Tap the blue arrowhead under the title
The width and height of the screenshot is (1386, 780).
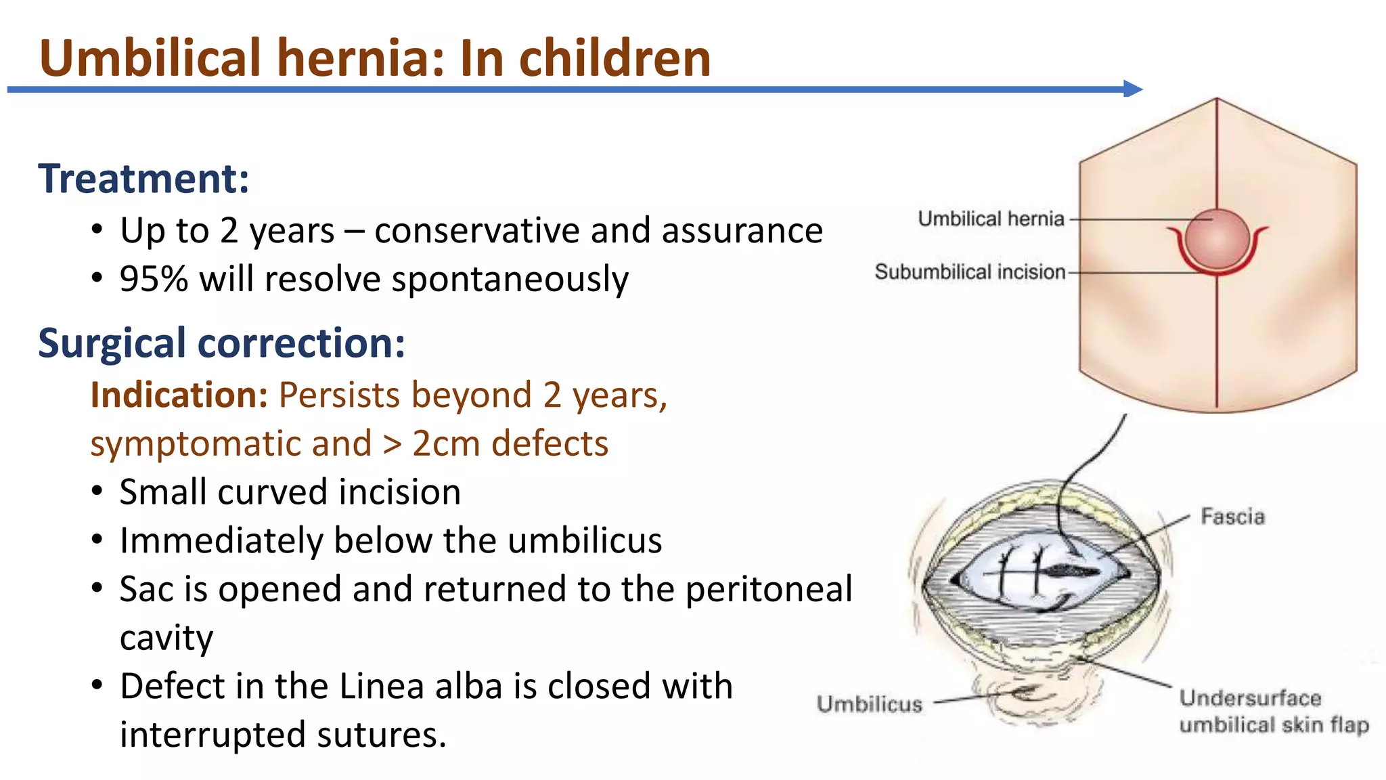(x=1132, y=89)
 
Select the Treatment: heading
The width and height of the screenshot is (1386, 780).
(x=143, y=179)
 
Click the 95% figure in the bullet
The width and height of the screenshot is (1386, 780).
(x=154, y=279)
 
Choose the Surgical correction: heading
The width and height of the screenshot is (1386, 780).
(x=221, y=343)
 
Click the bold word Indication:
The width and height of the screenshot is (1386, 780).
(x=179, y=395)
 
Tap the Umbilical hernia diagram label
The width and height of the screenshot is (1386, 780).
(x=991, y=219)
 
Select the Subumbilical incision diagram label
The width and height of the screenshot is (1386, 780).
(x=970, y=272)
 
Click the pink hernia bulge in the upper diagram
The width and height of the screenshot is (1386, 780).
(x=1217, y=238)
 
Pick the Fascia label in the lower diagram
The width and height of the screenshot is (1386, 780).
(x=1232, y=517)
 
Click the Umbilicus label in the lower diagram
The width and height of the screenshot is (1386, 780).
(x=870, y=704)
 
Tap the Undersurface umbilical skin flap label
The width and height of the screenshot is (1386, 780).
(x=1273, y=711)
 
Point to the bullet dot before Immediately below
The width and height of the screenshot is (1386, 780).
(x=97, y=540)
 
